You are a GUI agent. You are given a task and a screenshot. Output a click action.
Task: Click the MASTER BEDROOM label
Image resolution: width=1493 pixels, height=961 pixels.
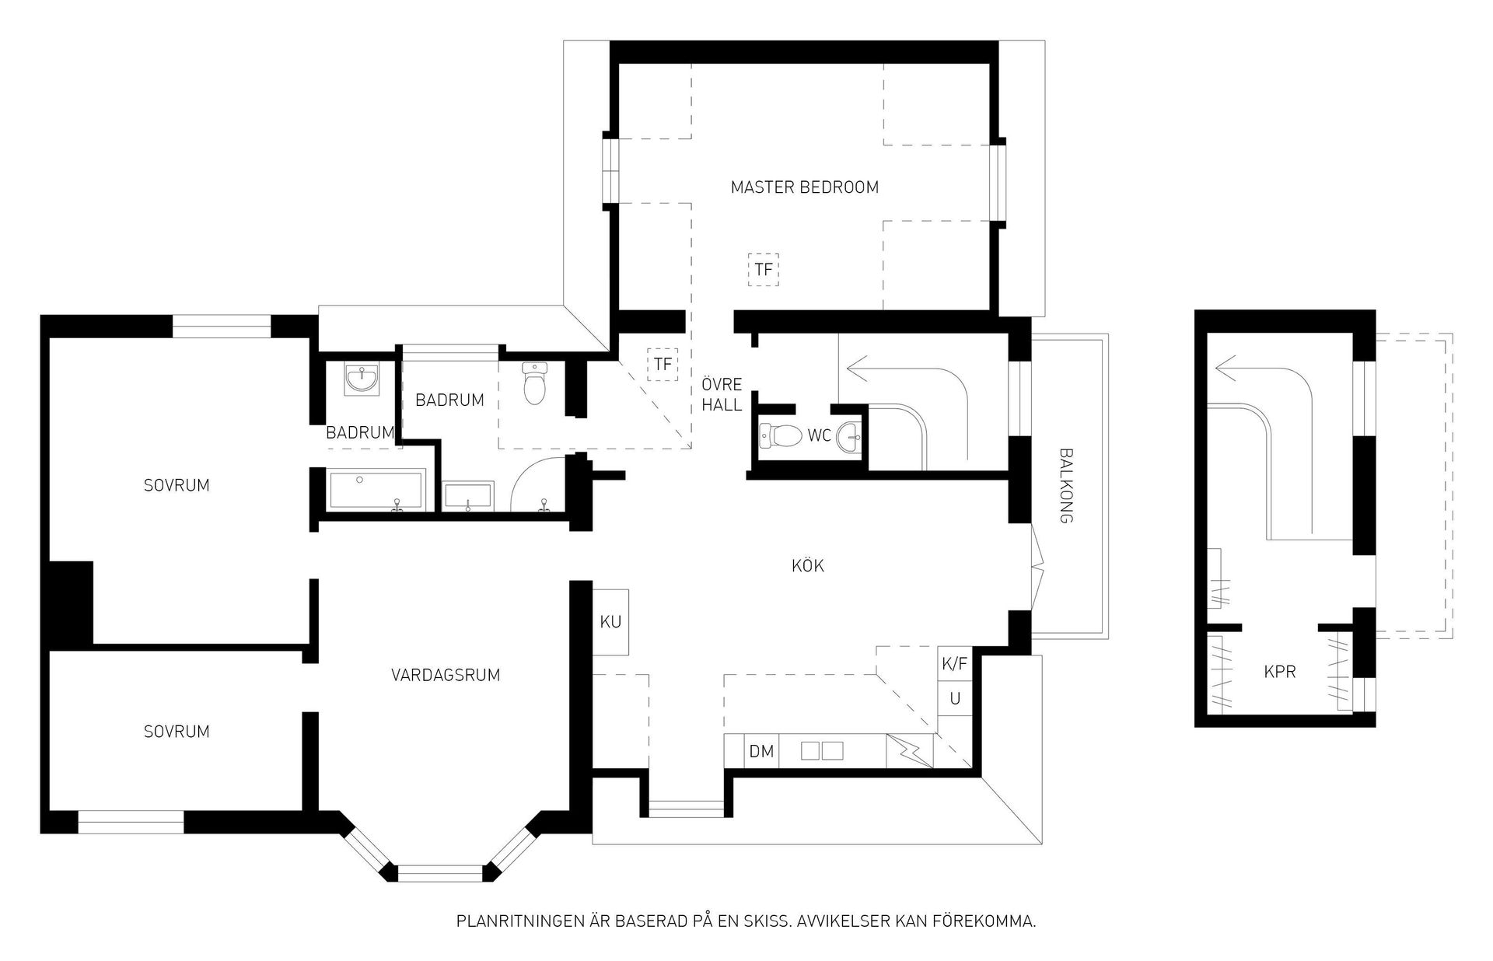(x=804, y=187)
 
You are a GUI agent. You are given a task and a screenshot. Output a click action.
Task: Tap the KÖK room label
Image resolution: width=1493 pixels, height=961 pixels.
(x=808, y=565)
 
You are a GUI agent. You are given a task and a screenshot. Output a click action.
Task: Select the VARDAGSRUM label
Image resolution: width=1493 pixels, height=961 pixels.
(x=445, y=675)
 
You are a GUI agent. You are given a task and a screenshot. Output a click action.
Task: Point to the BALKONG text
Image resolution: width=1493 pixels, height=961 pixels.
(x=1066, y=485)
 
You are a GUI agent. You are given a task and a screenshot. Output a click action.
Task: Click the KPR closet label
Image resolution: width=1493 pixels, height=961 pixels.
(x=1280, y=672)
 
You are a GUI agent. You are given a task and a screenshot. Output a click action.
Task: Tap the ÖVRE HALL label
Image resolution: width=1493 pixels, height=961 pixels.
(x=722, y=394)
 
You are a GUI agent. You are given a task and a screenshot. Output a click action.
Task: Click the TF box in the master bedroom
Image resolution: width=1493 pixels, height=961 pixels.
(x=764, y=270)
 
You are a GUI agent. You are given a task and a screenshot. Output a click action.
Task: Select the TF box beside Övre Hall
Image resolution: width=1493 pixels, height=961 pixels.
(x=663, y=364)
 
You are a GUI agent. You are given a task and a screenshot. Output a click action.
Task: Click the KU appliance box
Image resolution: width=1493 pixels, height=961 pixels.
(x=610, y=622)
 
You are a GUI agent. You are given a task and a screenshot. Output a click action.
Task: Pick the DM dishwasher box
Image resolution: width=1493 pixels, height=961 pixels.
(x=761, y=751)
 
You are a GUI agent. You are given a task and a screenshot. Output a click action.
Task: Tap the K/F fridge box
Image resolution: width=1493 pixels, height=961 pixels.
(x=954, y=664)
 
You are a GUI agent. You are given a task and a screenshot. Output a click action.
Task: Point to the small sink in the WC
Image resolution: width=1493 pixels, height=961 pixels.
(x=849, y=438)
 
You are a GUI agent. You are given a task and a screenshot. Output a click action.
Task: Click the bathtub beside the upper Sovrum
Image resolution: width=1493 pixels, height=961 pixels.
(x=378, y=490)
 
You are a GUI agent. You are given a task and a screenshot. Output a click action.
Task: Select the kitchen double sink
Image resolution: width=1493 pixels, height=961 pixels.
(x=822, y=751)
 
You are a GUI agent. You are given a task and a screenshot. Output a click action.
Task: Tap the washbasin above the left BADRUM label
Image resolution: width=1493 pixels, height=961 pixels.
(x=362, y=379)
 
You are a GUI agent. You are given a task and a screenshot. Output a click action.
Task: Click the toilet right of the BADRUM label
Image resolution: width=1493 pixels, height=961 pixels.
(x=534, y=383)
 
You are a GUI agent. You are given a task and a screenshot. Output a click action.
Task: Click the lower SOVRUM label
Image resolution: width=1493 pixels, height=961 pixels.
(x=177, y=732)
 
